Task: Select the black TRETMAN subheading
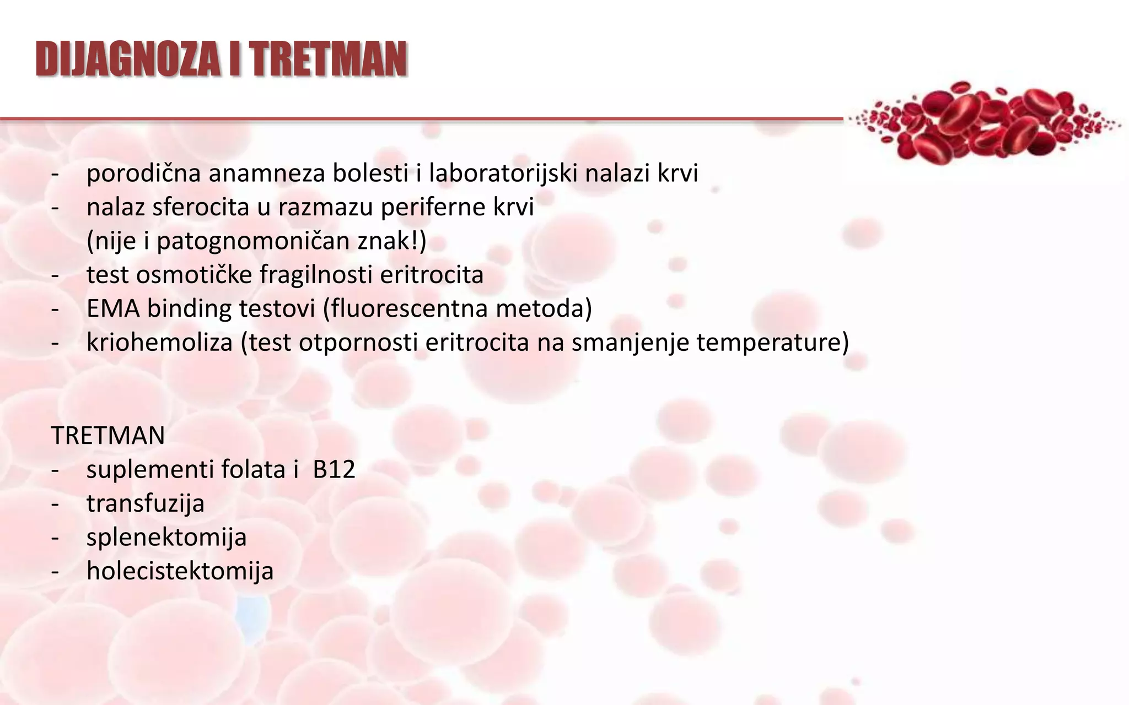click(x=108, y=435)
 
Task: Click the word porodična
click(x=143, y=173)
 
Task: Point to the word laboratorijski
click(x=503, y=173)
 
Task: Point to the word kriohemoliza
click(x=160, y=343)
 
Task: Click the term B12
click(x=334, y=469)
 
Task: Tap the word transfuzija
click(x=146, y=503)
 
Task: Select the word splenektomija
click(x=166, y=537)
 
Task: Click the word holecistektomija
click(x=180, y=571)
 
